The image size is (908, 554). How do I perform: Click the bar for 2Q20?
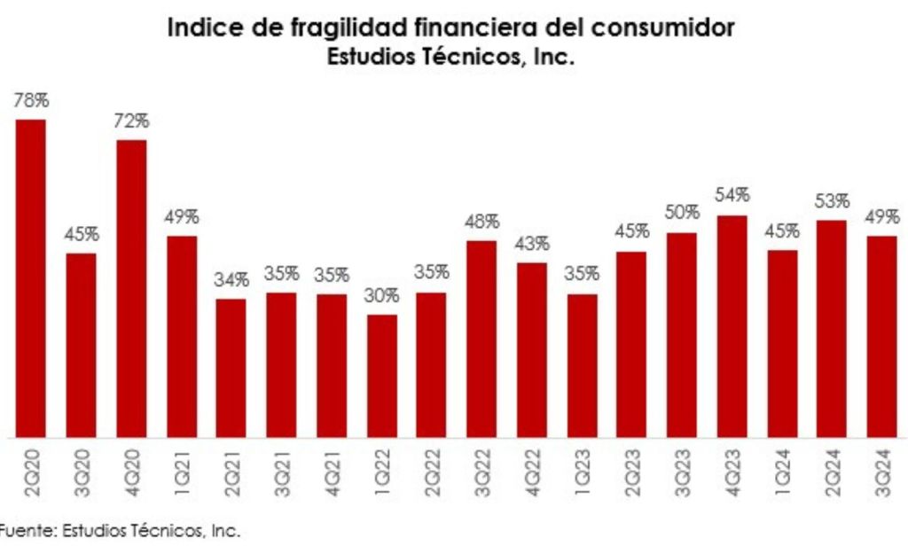tap(31, 278)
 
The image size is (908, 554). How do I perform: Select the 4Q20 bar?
tap(131, 289)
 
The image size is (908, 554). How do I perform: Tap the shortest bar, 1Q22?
tap(382, 376)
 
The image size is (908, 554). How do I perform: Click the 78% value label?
tap(31, 101)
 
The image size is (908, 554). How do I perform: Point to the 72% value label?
tap(131, 121)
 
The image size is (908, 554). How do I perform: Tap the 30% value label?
tap(382, 296)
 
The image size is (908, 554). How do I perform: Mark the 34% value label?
tap(231, 280)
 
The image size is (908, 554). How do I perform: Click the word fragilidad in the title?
tap(328, 28)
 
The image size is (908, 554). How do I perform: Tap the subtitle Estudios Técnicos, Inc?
tap(451, 59)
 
